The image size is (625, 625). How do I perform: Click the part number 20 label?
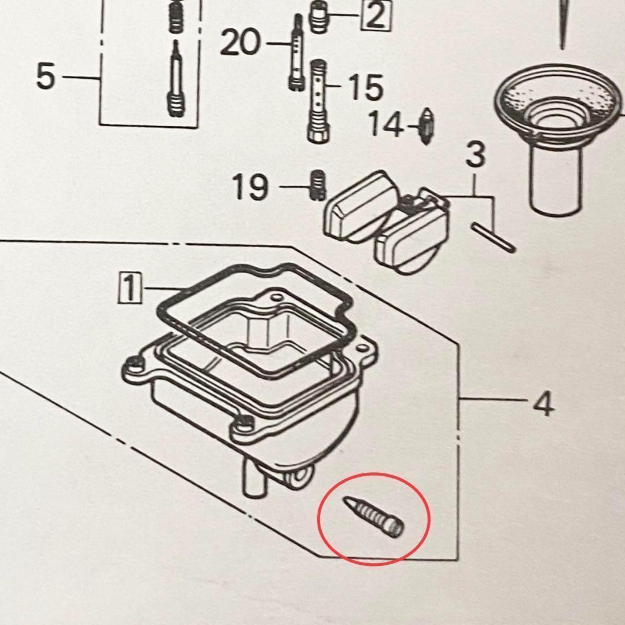(240, 43)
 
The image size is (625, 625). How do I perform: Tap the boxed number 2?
(376, 16)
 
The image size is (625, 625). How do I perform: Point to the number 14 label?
(386, 124)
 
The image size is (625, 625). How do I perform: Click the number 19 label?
(251, 186)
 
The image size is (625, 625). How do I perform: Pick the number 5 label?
(46, 76)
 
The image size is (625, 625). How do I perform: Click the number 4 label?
(543, 405)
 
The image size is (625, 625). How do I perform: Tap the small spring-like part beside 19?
(316, 185)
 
